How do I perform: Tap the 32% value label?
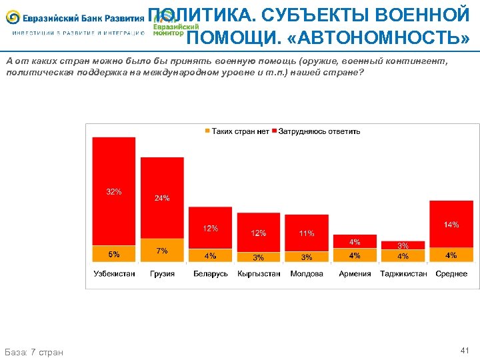click(x=114, y=192)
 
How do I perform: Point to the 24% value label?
click(x=162, y=198)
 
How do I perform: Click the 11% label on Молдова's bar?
click(x=307, y=233)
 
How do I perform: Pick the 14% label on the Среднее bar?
click(x=451, y=225)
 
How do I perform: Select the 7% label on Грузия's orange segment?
click(x=162, y=251)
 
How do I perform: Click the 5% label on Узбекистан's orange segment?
click(x=114, y=254)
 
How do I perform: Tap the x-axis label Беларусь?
click(x=211, y=273)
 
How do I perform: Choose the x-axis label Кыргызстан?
click(x=259, y=273)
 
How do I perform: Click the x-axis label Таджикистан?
click(x=403, y=273)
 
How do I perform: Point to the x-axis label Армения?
click(x=355, y=273)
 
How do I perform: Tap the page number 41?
click(x=465, y=350)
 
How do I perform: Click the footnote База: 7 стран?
click(x=34, y=352)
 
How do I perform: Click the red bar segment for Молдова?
click(x=307, y=230)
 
